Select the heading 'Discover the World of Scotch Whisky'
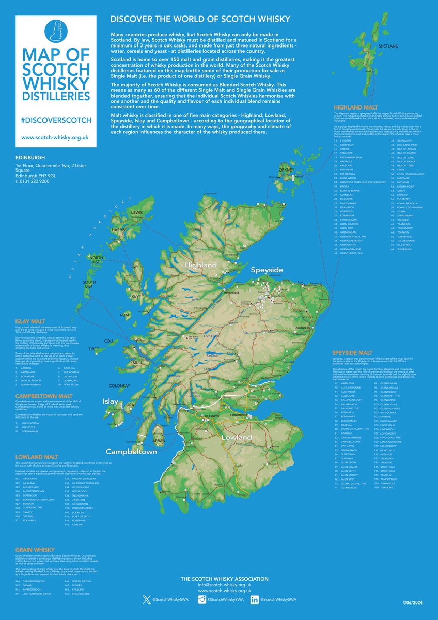tap(200, 19)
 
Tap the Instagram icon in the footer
tap(202, 599)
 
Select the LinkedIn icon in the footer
tap(254, 599)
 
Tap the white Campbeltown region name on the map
tap(131, 451)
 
